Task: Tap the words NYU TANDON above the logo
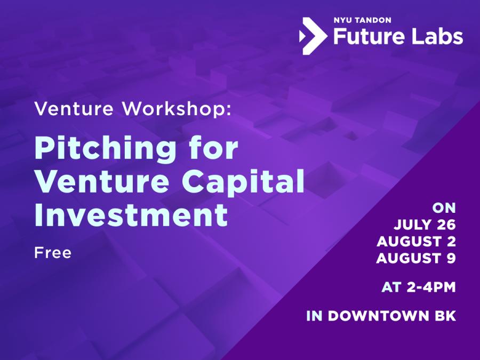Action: (x=363, y=20)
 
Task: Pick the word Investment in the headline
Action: (x=131, y=215)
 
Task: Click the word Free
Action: (x=52, y=252)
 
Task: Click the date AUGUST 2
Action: (x=415, y=241)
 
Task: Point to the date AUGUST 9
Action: (x=415, y=258)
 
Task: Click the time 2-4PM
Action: (x=428, y=287)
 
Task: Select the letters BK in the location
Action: (x=444, y=316)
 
